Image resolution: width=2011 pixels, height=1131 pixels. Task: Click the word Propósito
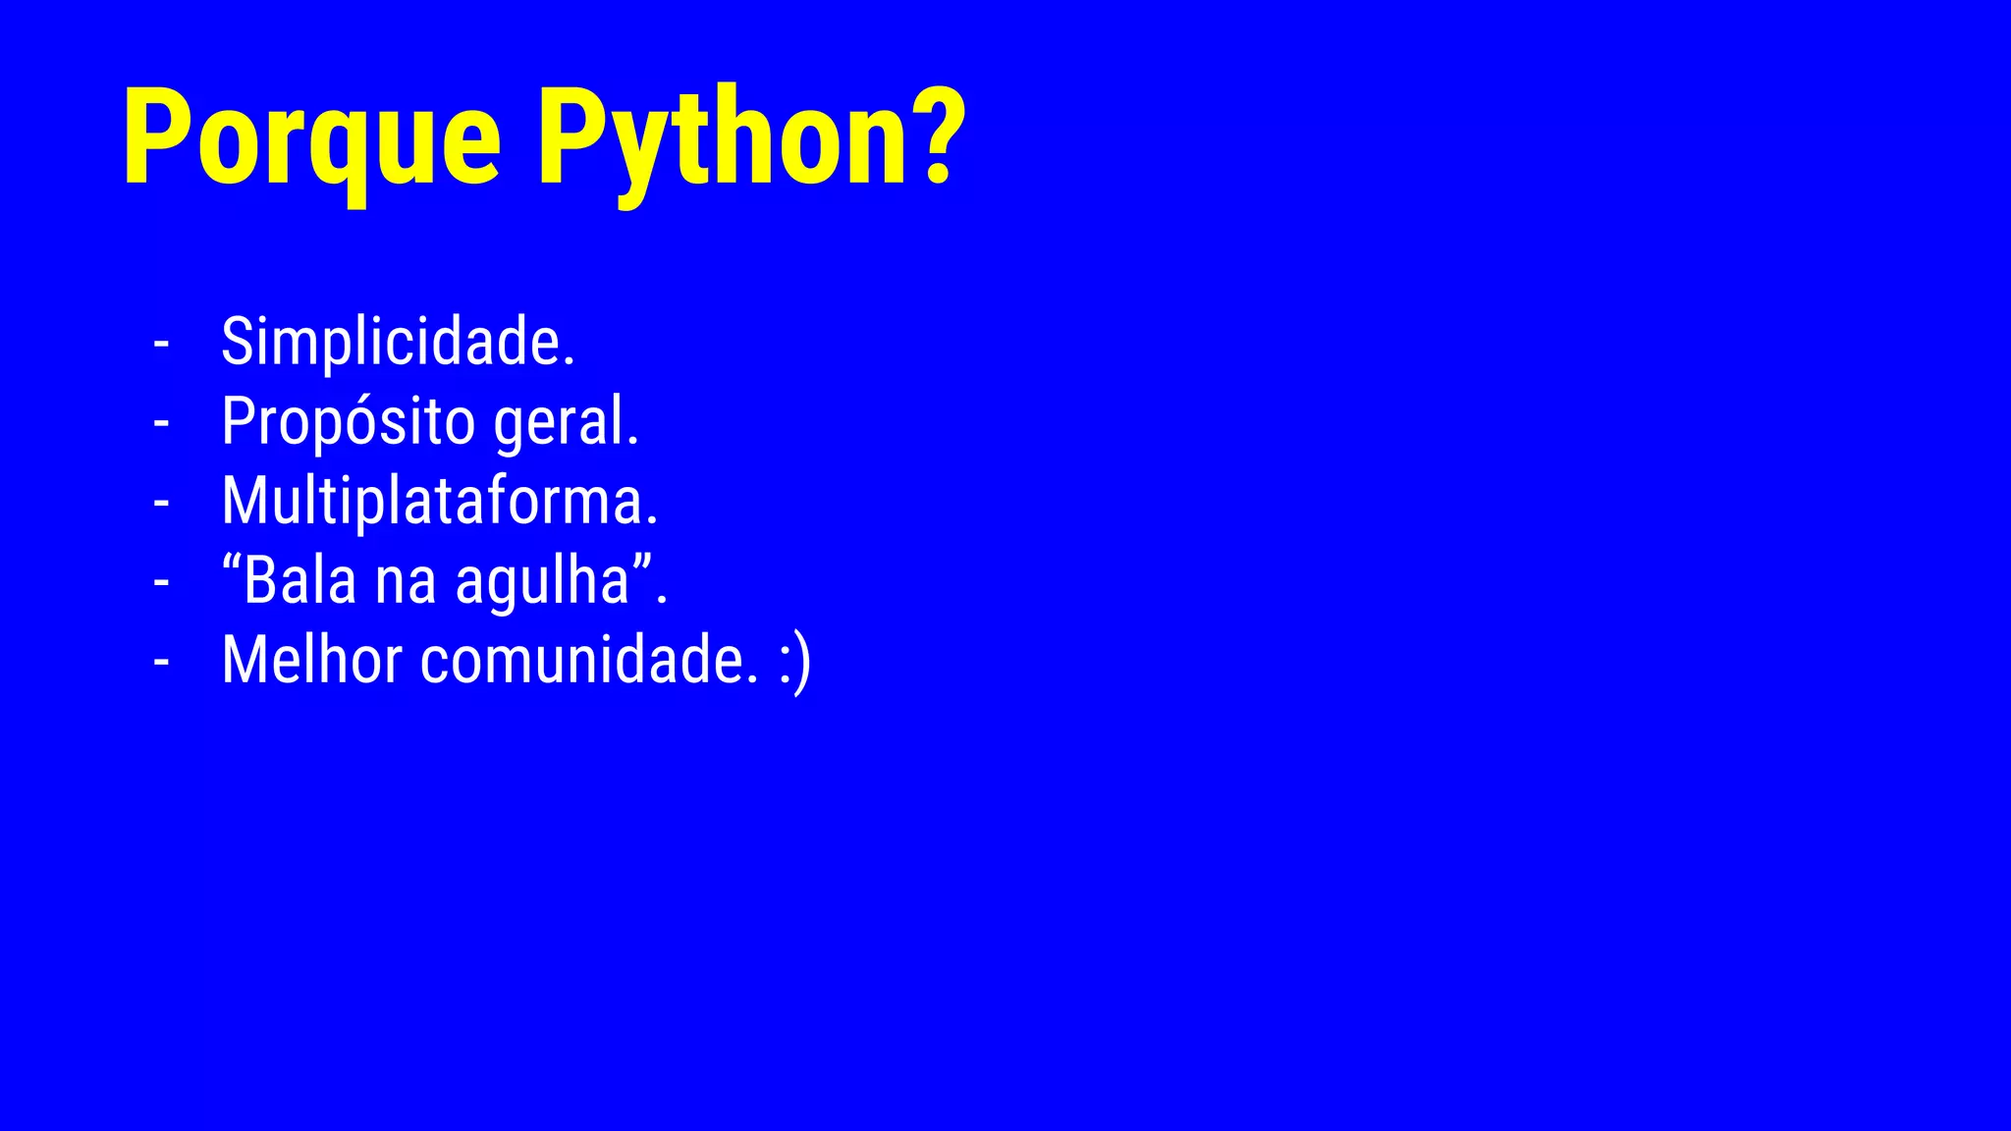tap(349, 422)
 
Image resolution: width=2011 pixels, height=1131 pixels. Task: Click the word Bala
tap(299, 580)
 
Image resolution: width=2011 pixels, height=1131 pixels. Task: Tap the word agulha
tap(542, 582)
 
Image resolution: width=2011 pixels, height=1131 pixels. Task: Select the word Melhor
tap(312, 660)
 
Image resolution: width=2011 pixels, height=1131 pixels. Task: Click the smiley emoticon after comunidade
tap(795, 662)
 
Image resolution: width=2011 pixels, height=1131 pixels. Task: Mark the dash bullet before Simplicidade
tap(162, 345)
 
